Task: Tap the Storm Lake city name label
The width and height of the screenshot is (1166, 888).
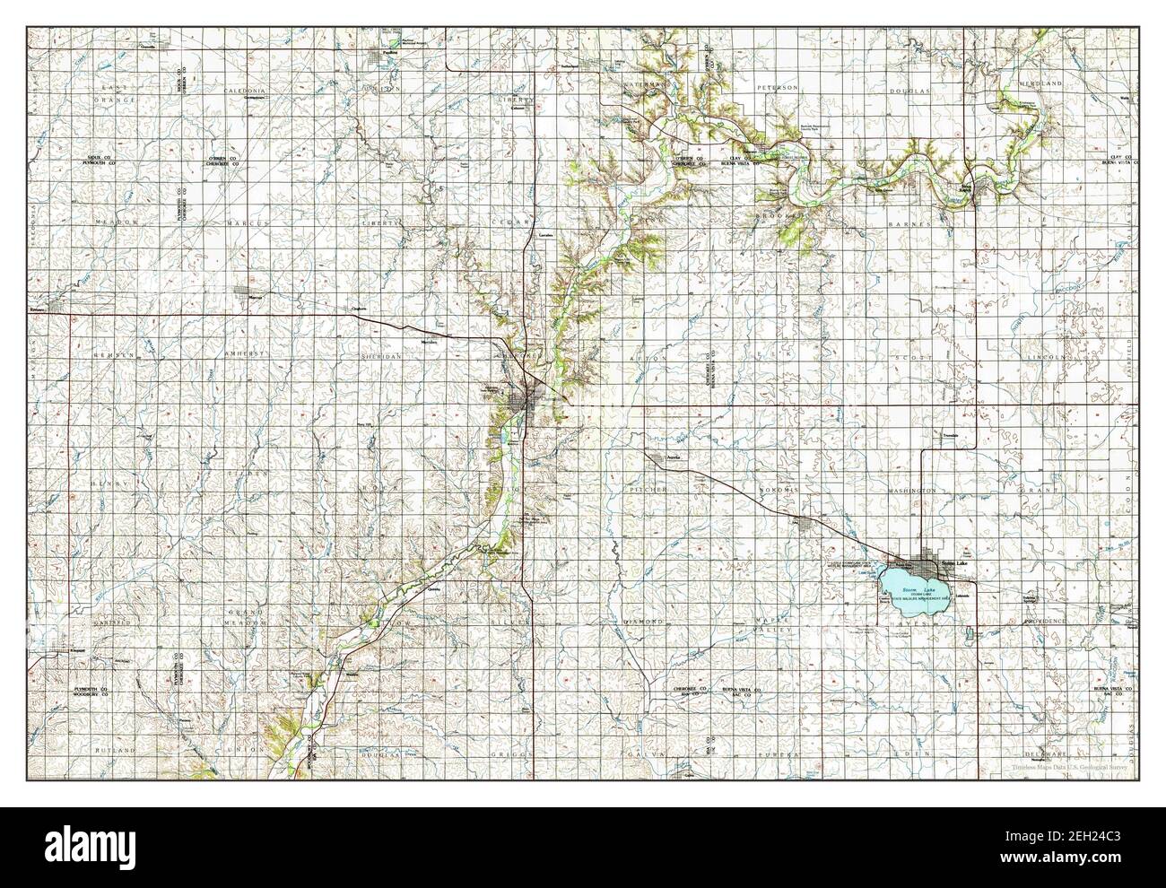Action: pos(954,562)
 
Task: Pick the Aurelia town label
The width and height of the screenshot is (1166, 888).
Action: pos(661,458)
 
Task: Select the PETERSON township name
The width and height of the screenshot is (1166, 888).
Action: pos(776,88)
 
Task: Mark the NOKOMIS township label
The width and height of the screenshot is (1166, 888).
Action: pos(778,491)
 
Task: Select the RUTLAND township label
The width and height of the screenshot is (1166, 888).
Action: pos(117,749)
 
